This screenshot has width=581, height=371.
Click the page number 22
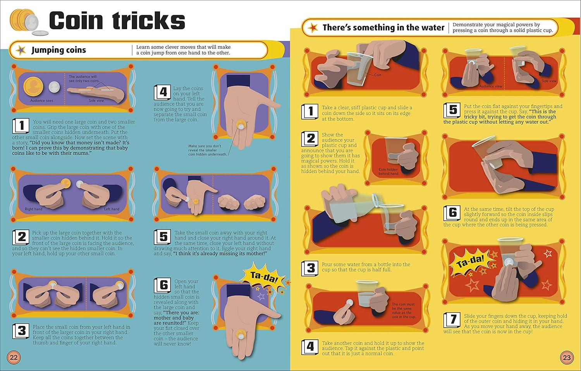[14, 357]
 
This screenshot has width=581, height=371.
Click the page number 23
[567, 357]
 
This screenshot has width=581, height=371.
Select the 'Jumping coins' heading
[58, 50]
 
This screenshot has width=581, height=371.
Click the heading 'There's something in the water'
[383, 27]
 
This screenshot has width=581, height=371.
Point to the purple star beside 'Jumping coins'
[21, 50]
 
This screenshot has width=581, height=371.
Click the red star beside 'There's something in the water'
[313, 27]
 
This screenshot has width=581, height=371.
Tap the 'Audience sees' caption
[41, 101]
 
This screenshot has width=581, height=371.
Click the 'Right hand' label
[33, 209]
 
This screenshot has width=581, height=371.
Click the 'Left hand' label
[112, 209]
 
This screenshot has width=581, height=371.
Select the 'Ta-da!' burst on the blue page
[263, 277]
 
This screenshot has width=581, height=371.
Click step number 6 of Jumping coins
[162, 285]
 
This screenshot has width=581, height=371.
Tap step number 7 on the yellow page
[452, 320]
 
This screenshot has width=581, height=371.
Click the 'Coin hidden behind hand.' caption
[388, 171]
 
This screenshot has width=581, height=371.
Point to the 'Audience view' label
[490, 86]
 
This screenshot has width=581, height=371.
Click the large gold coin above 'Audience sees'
[33, 86]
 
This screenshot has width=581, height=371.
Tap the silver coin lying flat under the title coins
[40, 33]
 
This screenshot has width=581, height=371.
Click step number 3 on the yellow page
[310, 268]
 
